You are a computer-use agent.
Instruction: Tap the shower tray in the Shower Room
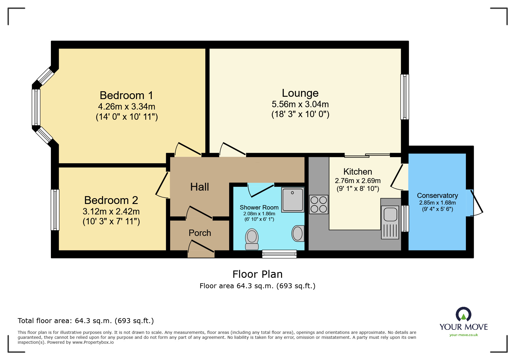pyautogui.click(x=293, y=200)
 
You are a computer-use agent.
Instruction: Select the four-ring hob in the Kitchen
pyautogui.click(x=319, y=205)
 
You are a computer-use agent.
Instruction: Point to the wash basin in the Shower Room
pyautogui.click(x=298, y=233)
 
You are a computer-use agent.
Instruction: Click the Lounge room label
pyautogui.click(x=300, y=93)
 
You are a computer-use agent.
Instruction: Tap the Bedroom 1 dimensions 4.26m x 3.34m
pyautogui.click(x=126, y=107)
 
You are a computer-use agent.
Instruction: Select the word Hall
pyautogui.click(x=199, y=187)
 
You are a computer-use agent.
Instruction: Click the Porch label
pyautogui.click(x=200, y=233)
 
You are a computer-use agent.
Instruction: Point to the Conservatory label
pyautogui.click(x=437, y=196)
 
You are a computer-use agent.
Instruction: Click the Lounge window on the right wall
pyautogui.click(x=404, y=97)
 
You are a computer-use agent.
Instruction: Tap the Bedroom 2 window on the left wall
pyautogui.click(x=55, y=210)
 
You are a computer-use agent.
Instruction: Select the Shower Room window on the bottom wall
pyautogui.click(x=279, y=254)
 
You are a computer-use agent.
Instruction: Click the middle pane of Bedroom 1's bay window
pyautogui.click(x=36, y=108)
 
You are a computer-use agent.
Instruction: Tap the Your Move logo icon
pyautogui.click(x=463, y=314)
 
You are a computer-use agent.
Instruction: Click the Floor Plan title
pyautogui.click(x=257, y=274)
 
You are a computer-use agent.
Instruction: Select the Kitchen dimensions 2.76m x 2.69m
pyautogui.click(x=358, y=181)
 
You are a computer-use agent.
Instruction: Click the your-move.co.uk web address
pyautogui.click(x=464, y=335)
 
